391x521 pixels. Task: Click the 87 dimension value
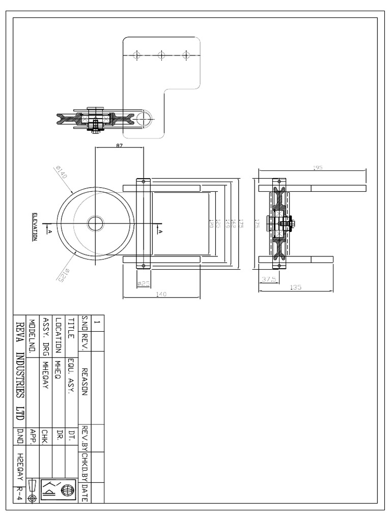click(x=120, y=145)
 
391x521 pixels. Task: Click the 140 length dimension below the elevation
click(x=162, y=294)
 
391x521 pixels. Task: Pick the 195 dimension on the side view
click(x=319, y=167)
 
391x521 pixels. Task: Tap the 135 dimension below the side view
click(x=296, y=287)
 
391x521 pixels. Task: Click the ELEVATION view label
click(x=35, y=226)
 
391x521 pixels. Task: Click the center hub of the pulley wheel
click(x=95, y=223)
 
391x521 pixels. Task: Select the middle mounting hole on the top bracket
click(x=161, y=54)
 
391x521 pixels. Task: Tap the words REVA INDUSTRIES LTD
click(x=20, y=370)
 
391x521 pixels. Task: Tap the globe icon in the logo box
click(x=66, y=490)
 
